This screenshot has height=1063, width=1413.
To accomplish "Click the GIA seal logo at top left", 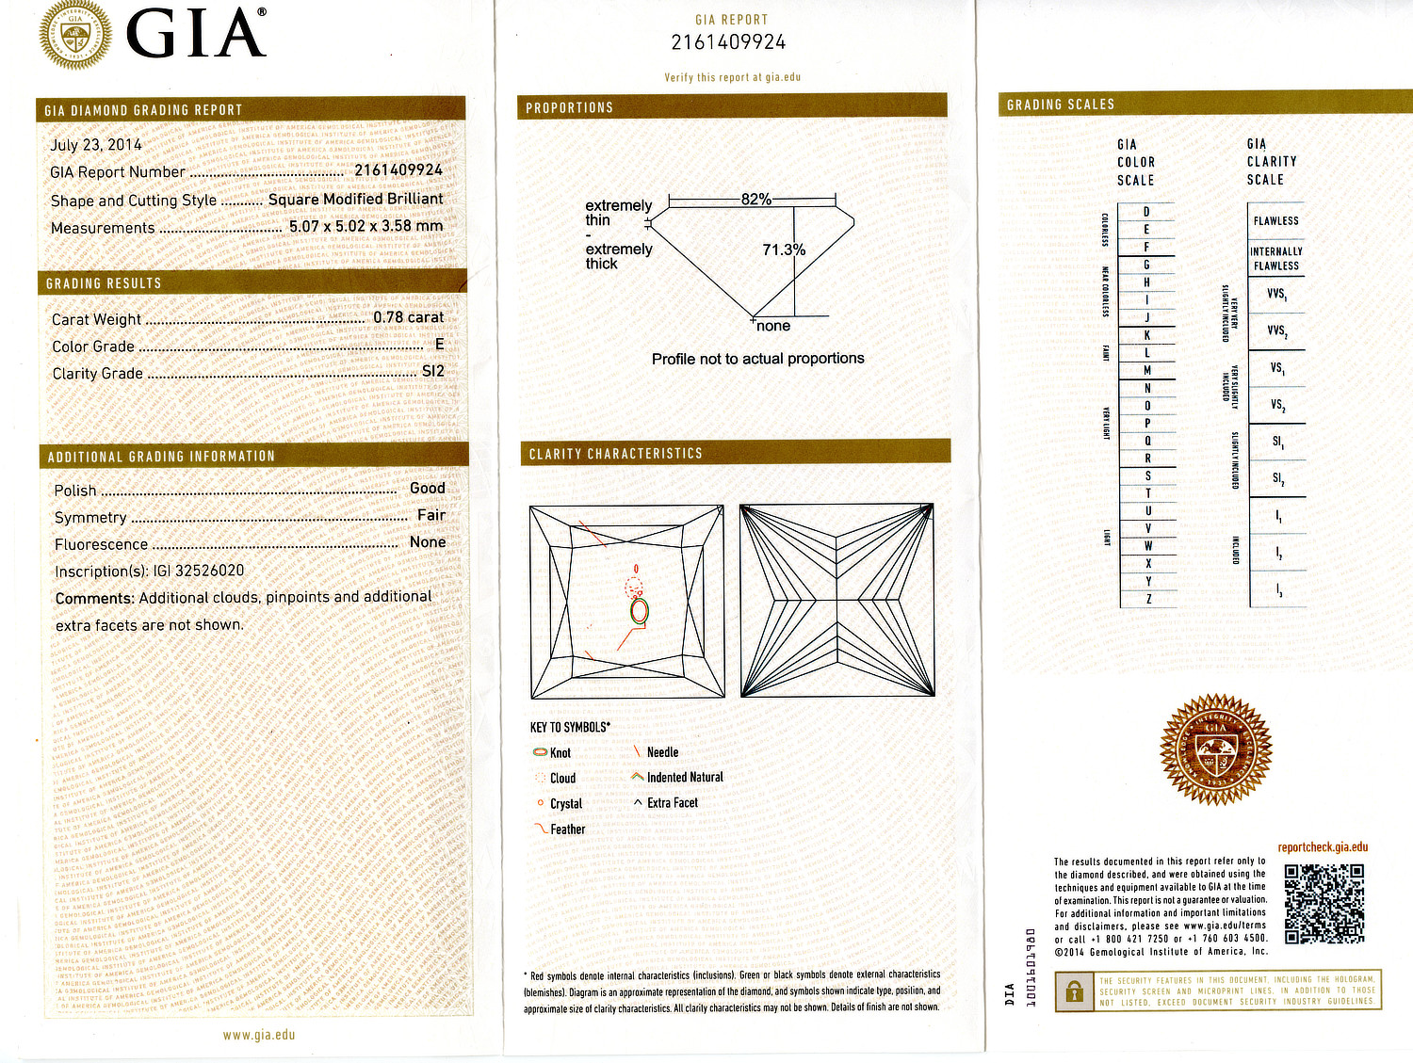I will [x=74, y=35].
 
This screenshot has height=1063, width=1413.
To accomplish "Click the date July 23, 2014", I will [x=96, y=145].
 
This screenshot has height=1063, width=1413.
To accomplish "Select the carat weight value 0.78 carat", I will [x=408, y=317].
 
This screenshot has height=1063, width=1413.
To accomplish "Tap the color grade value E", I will [x=439, y=345].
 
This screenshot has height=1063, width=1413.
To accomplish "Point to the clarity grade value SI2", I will [x=432, y=371].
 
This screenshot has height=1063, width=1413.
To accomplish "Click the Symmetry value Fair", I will [x=431, y=515].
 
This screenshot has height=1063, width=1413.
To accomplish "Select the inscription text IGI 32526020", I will [x=198, y=571].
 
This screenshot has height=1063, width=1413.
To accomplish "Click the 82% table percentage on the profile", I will [x=755, y=200].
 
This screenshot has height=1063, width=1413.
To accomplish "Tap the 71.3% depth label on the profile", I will [x=784, y=250].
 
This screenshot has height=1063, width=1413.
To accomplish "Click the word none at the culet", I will [x=773, y=326].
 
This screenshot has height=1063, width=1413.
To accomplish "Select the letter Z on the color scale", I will [x=1147, y=599].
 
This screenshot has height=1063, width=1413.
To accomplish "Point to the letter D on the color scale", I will [x=1146, y=212].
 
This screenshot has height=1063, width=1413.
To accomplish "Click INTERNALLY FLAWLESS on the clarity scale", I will [x=1275, y=259].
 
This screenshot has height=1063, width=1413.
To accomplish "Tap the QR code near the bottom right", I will [x=1324, y=904].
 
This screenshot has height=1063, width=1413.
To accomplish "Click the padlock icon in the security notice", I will [x=1073, y=991].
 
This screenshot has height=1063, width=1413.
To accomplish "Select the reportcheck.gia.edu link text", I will [x=1323, y=847].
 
